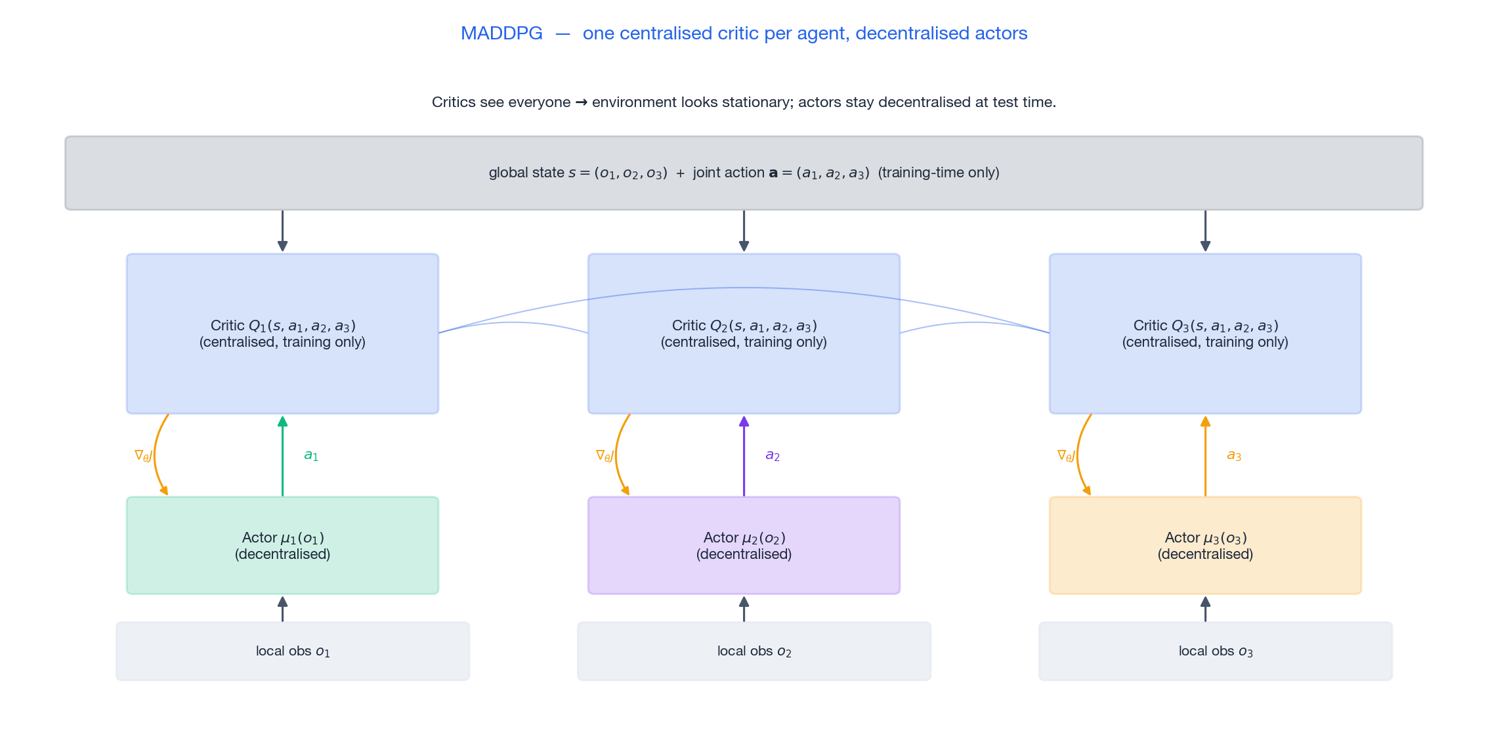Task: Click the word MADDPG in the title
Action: click(x=501, y=33)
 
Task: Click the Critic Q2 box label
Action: click(x=744, y=334)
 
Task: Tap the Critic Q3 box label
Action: click(x=1205, y=334)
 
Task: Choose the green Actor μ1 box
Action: click(x=282, y=546)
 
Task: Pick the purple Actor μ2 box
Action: click(x=744, y=546)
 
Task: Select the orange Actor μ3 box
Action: click(x=1205, y=546)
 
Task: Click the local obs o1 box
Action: click(x=293, y=651)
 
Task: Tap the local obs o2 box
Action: click(x=754, y=651)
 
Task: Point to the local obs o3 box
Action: click(x=1216, y=651)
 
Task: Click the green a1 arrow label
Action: click(x=311, y=455)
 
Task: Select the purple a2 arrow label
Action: click(x=773, y=455)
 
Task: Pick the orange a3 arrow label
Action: click(x=1234, y=455)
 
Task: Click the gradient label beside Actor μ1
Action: click(x=143, y=455)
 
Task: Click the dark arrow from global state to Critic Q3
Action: click(x=1205, y=230)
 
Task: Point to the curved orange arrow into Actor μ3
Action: click(x=1078, y=460)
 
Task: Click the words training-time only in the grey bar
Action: click(x=939, y=173)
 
